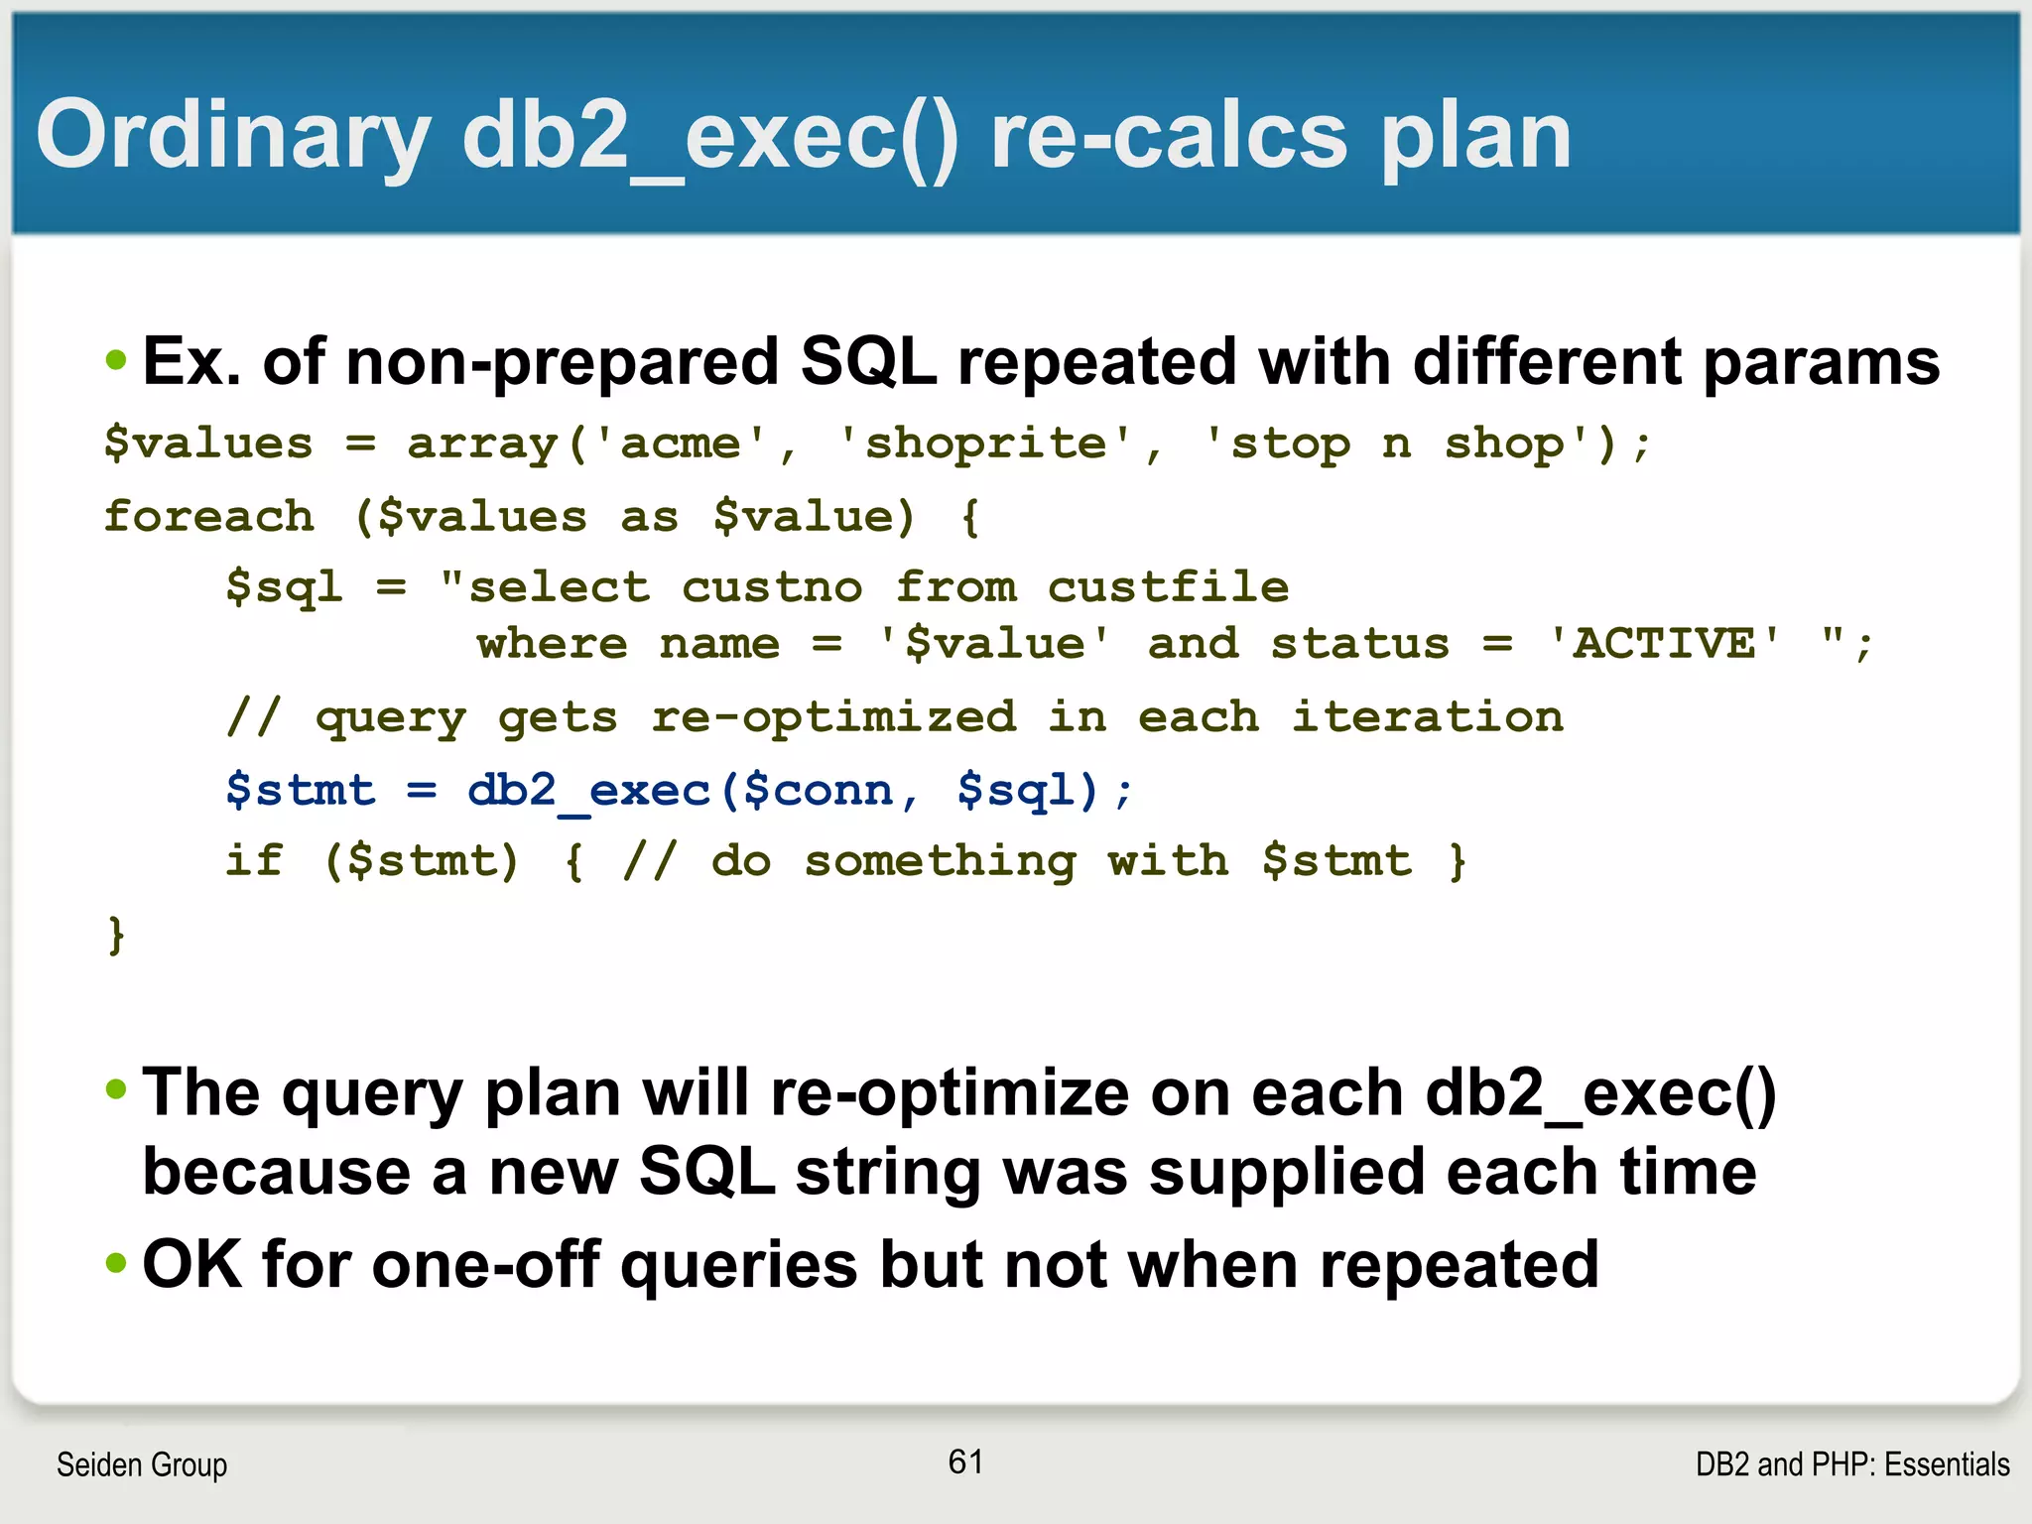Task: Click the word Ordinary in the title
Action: click(x=233, y=137)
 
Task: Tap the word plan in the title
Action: click(x=1475, y=137)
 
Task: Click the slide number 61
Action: click(x=965, y=1461)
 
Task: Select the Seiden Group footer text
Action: click(x=142, y=1464)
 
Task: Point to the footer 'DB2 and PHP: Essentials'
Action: click(x=1852, y=1464)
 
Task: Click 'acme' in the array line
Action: click(x=681, y=444)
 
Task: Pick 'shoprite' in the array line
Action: click(x=985, y=444)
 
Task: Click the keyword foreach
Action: click(x=209, y=517)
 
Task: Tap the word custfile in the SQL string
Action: click(x=1168, y=587)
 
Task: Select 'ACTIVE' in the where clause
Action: click(x=1664, y=644)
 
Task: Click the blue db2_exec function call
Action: click(x=589, y=791)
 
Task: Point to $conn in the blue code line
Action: click(x=819, y=791)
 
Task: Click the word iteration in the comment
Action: click(x=1427, y=717)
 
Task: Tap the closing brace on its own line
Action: click(x=116, y=935)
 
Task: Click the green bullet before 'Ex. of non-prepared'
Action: click(x=117, y=360)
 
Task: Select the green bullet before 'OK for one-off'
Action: click(x=117, y=1264)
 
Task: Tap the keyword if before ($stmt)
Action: click(x=254, y=860)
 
